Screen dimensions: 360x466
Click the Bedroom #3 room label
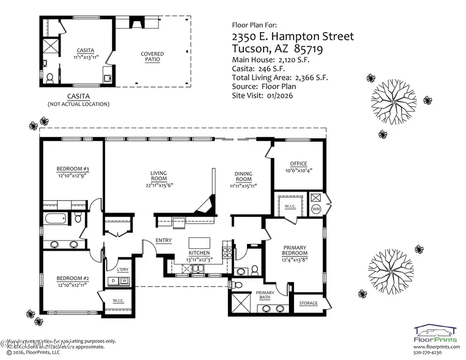point(73,169)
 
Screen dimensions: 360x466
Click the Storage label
point(309,303)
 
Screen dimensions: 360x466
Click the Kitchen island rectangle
point(200,243)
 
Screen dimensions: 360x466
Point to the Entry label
point(164,240)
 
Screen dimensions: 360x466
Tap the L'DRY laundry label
point(122,270)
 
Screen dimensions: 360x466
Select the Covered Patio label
point(152,56)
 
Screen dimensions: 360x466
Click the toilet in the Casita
point(50,79)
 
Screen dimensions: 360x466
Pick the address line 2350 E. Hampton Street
point(293,36)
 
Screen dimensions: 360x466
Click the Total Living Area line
point(280,78)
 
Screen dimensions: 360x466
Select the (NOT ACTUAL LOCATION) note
point(79,104)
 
